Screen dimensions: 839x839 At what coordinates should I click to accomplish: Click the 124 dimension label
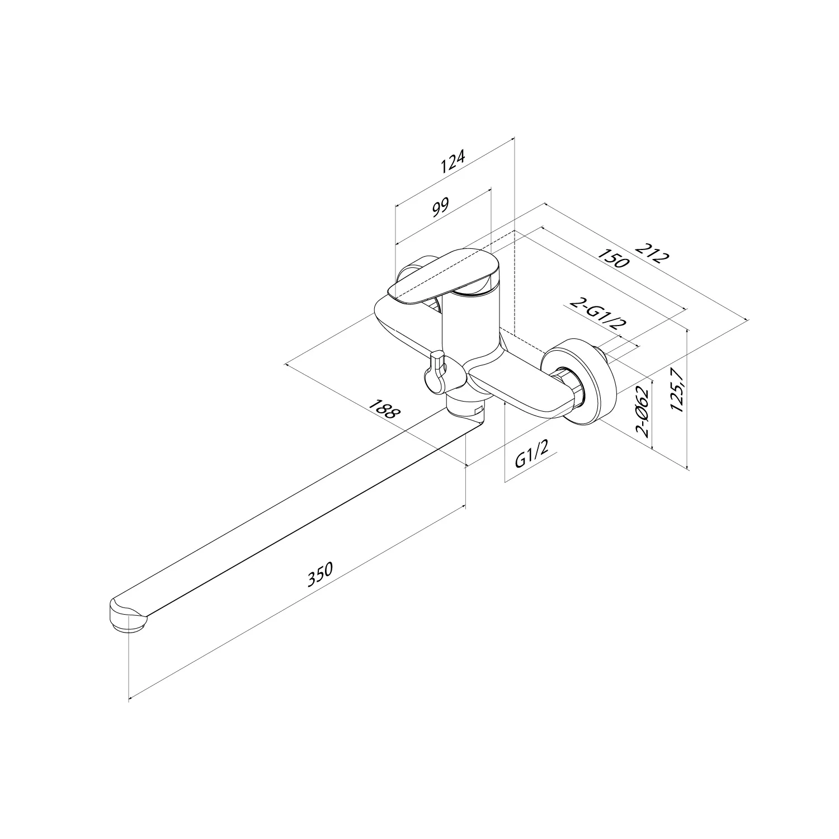(x=453, y=162)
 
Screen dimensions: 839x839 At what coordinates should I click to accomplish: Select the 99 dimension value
(x=441, y=206)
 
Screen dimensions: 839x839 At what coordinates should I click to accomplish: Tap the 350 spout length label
(x=320, y=574)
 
